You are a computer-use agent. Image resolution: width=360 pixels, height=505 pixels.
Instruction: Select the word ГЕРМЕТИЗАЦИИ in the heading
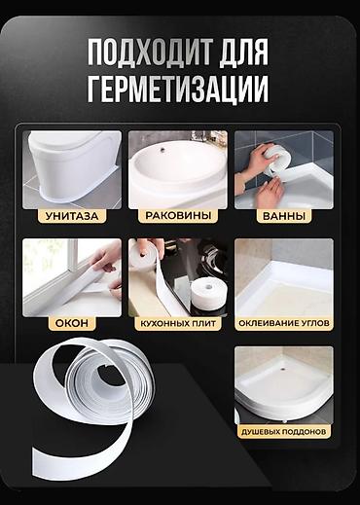pyautogui.click(x=178, y=90)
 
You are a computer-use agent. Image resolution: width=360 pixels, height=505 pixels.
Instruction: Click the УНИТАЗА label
pyautogui.click(x=72, y=216)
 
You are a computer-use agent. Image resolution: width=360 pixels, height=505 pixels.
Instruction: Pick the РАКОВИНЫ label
pyautogui.click(x=178, y=216)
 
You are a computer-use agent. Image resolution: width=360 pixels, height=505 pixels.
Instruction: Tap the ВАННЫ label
pyautogui.click(x=284, y=216)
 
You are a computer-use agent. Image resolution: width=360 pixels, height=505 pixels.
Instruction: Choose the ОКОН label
pyautogui.click(x=72, y=323)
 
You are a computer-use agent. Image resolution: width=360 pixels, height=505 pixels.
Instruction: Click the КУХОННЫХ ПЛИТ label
pyautogui.click(x=178, y=323)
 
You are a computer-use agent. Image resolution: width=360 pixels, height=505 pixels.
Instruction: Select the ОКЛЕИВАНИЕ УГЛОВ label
pyautogui.click(x=284, y=323)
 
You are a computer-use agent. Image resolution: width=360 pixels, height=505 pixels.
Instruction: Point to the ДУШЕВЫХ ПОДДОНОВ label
pyautogui.click(x=284, y=432)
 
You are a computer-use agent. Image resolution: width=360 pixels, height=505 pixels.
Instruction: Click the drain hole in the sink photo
pyautogui.click(x=162, y=150)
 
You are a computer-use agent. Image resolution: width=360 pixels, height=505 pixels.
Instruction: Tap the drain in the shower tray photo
pyautogui.click(x=284, y=369)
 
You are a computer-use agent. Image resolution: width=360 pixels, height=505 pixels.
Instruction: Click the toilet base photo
pyautogui.click(x=72, y=169)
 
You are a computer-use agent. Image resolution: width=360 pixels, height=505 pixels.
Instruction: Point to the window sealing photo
pyautogui.click(x=72, y=277)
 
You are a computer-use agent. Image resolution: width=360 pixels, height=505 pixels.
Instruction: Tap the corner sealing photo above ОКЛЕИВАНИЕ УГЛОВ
pyautogui.click(x=284, y=277)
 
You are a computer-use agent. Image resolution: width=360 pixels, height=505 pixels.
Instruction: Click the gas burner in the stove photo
pyautogui.click(x=212, y=257)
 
